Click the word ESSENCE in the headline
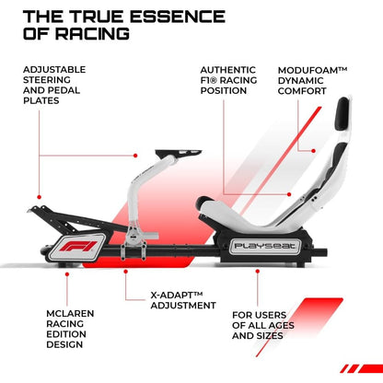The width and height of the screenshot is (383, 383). pos(180,17)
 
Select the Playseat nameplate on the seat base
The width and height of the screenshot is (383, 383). pos(264,246)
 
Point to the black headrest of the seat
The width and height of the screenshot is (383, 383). pos(342,112)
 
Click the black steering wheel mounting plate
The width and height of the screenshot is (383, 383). pos(178,153)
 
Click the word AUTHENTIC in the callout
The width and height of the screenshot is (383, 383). pos(228,70)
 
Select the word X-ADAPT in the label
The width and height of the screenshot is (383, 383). pos(172,296)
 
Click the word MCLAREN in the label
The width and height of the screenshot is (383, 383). pos(70,313)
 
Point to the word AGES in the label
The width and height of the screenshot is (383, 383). pos(282,325)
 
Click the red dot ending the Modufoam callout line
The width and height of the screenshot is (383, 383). pos(313,151)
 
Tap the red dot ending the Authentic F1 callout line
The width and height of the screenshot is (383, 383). pos(289,194)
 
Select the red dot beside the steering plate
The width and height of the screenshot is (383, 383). pos(135,156)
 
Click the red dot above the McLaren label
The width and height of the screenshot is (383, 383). pos(67,273)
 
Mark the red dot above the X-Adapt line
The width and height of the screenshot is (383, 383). pos(125,272)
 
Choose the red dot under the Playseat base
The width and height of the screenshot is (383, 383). pos(258,271)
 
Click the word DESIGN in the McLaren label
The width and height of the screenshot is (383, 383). pos(64,344)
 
